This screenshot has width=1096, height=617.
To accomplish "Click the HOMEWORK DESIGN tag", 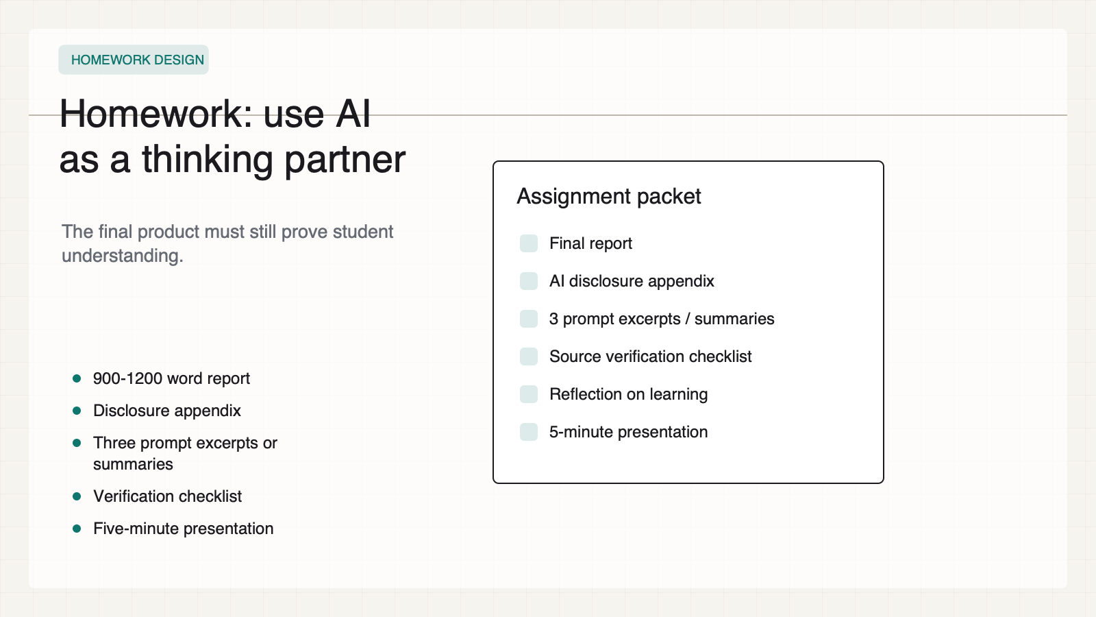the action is coord(134,60).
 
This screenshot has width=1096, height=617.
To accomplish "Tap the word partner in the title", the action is coord(345,160).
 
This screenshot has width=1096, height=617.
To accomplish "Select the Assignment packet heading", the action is coord(609,196).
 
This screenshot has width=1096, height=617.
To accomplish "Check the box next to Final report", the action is coord(529,243).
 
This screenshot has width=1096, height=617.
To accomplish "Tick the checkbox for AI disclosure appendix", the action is coord(529,281).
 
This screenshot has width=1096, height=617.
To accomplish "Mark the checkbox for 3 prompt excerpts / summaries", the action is coord(529,319).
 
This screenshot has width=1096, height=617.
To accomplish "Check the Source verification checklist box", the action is coord(529,356).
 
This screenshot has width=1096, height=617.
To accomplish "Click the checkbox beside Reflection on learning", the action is coord(529,394).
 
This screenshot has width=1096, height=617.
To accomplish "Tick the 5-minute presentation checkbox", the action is coord(529,432).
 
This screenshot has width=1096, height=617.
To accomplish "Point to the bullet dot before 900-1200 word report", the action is coord(77,378).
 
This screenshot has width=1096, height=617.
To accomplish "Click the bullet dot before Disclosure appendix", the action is coord(77,411).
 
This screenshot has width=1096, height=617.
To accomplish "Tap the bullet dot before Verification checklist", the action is coord(77,496).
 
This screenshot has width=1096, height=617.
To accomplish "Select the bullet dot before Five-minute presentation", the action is coord(77,529).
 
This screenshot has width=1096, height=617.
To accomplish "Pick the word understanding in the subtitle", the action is coord(123,256).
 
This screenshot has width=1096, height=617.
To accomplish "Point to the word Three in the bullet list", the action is coord(114,443).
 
